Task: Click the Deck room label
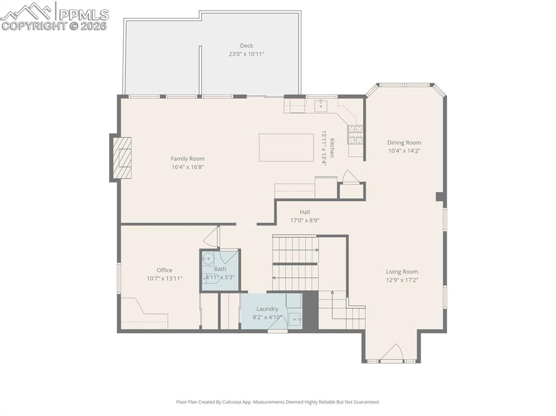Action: [x=247, y=46]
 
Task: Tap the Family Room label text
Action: [x=188, y=159]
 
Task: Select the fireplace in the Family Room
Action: [x=122, y=158]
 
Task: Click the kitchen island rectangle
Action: [x=286, y=148]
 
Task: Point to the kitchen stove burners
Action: [x=355, y=133]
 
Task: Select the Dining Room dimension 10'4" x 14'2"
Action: [x=404, y=151]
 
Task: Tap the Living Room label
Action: [x=402, y=272]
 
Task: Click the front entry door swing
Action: [x=391, y=353]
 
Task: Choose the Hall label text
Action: [x=305, y=212]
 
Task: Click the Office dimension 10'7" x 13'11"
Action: [x=165, y=278]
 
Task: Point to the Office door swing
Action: [x=212, y=237]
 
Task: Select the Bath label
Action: [x=220, y=269]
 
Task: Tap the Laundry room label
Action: [x=267, y=309]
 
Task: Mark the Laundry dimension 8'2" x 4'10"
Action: [x=268, y=317]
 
